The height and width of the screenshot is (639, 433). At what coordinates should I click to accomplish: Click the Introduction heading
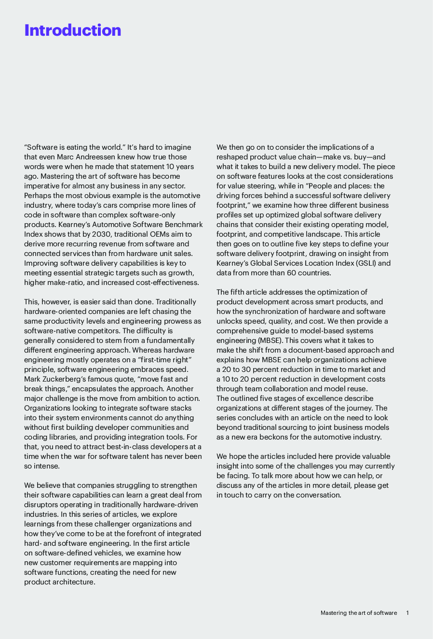[73, 30]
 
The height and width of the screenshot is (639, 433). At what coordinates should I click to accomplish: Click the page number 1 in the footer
[407, 613]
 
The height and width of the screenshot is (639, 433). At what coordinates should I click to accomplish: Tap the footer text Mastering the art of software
[359, 613]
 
